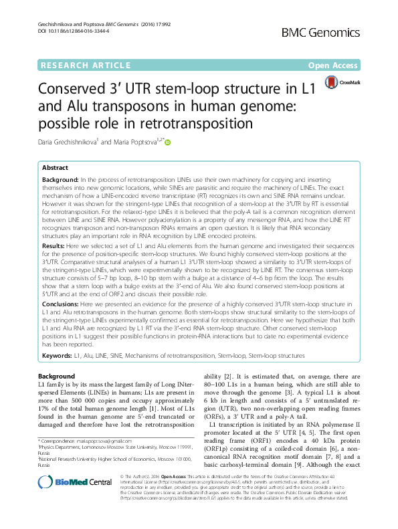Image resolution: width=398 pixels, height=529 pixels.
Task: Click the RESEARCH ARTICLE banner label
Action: click(84, 66)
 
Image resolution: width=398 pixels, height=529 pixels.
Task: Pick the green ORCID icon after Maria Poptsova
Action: click(168, 142)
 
